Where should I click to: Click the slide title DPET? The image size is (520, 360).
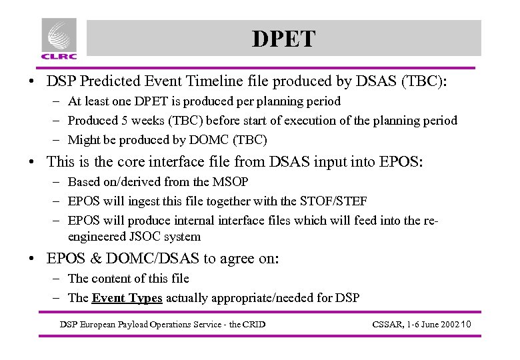click(283, 39)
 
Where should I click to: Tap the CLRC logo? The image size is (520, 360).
click(59, 39)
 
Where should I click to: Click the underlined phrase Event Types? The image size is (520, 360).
click(127, 298)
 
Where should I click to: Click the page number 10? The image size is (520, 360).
click(465, 325)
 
